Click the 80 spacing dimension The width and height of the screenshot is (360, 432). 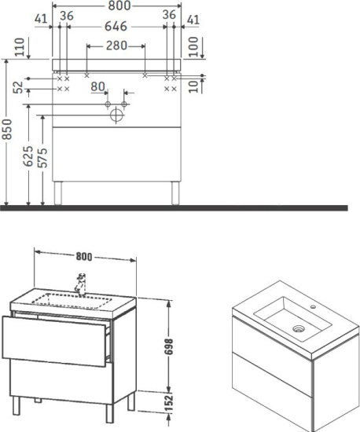pyautogui.click(x=98, y=86)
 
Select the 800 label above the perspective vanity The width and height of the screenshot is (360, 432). pyautogui.click(x=86, y=254)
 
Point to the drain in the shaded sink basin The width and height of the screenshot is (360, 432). pyautogui.click(x=298, y=329)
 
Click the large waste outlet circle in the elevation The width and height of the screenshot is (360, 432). pyautogui.click(x=117, y=115)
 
